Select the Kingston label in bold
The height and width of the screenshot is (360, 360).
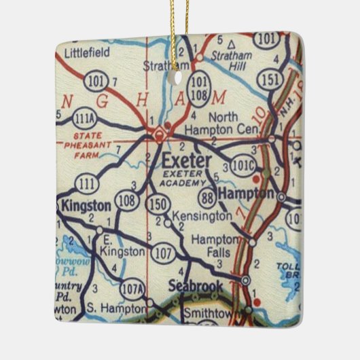[x=86, y=205]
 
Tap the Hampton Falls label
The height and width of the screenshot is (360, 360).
[x=214, y=247]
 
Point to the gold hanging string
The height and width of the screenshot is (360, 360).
[x=181, y=31]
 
